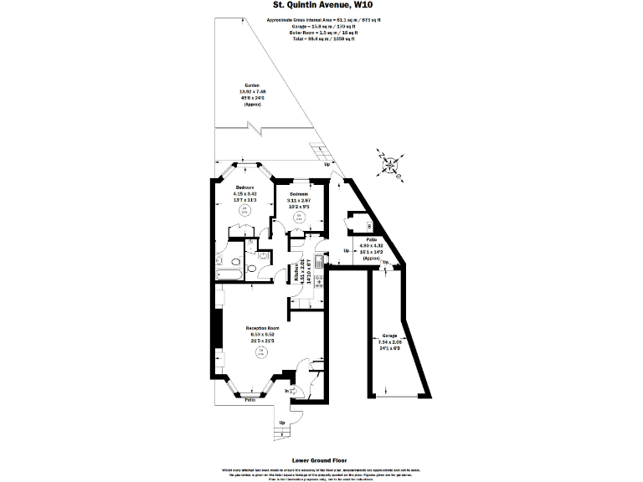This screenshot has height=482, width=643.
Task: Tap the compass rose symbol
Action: click(389, 164)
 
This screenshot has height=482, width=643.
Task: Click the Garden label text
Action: click(251, 86)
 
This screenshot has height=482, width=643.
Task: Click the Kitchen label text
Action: click(296, 271)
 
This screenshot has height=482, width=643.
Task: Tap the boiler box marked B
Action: click(368, 226)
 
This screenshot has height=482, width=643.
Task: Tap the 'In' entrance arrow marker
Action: click(287, 391)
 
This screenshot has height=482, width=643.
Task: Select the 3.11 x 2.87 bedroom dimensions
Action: click(299, 201)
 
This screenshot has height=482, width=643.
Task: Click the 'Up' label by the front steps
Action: click(282, 422)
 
